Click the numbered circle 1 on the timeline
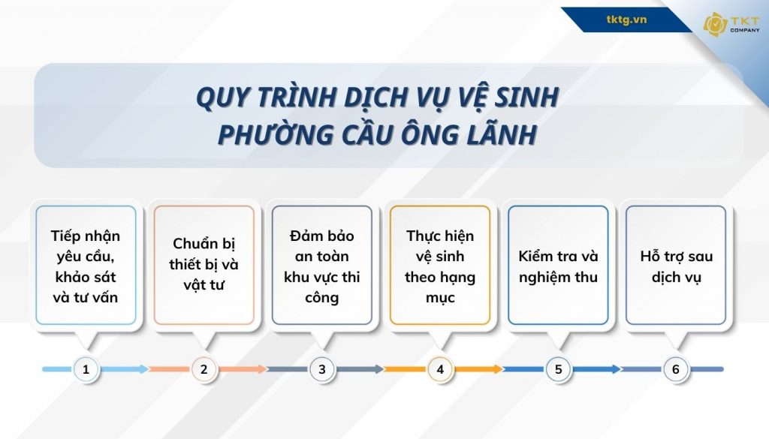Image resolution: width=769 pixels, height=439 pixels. (86, 369)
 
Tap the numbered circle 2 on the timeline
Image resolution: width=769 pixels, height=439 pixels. (204, 369)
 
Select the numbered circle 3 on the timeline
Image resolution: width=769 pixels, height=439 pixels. (322, 369)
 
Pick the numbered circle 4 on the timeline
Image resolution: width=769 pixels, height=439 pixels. (440, 369)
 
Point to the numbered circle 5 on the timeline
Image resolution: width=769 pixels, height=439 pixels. (558, 369)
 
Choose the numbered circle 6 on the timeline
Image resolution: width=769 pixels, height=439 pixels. (676, 369)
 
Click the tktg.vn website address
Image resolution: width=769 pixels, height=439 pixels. (626, 20)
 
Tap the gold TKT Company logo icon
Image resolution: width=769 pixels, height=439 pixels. (714, 24)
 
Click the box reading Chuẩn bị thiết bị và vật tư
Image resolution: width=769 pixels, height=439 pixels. (204, 265)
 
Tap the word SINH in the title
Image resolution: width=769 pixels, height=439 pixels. (526, 98)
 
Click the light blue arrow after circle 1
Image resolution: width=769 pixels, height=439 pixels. (125, 369)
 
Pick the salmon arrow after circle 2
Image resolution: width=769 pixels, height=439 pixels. (242, 369)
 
